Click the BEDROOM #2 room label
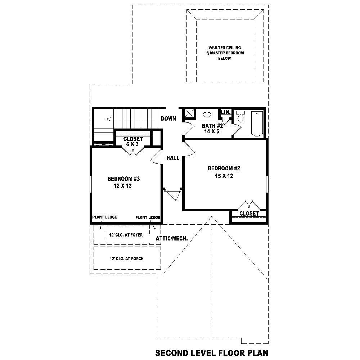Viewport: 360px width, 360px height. tap(224, 168)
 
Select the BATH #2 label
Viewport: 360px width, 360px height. tap(212, 126)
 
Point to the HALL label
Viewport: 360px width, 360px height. tap(173, 158)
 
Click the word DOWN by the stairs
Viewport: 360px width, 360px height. tap(168, 118)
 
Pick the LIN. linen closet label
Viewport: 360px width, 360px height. tap(226, 112)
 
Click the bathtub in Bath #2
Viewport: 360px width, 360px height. tap(257, 123)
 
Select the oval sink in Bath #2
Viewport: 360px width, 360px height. tap(207, 114)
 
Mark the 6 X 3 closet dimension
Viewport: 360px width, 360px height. tap(133, 144)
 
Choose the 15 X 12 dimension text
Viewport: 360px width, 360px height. tap(223, 176)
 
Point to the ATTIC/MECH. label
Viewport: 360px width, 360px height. tap(172, 238)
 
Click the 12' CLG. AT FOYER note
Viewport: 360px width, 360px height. tap(126, 235)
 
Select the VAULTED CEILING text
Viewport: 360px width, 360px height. tap(224, 48)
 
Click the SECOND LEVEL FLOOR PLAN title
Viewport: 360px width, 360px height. tap(212, 352)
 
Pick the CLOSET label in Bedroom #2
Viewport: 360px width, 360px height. tap(249, 213)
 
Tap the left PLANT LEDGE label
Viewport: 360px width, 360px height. tap(104, 217)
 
